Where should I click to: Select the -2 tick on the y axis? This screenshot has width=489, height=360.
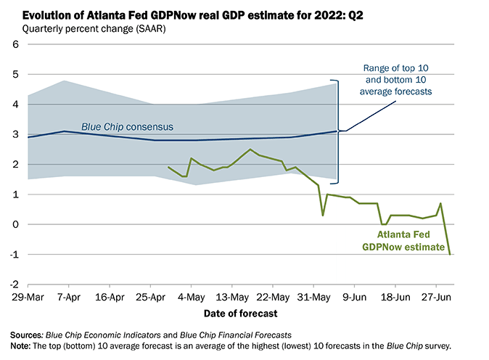pos(13,284)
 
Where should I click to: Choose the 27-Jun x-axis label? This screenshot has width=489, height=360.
pos(435,297)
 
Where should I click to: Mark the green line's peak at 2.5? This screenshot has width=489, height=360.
pos(250,150)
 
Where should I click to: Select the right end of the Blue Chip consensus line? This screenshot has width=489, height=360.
pos(337,131)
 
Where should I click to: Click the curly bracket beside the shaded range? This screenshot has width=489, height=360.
pos(340,131)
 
